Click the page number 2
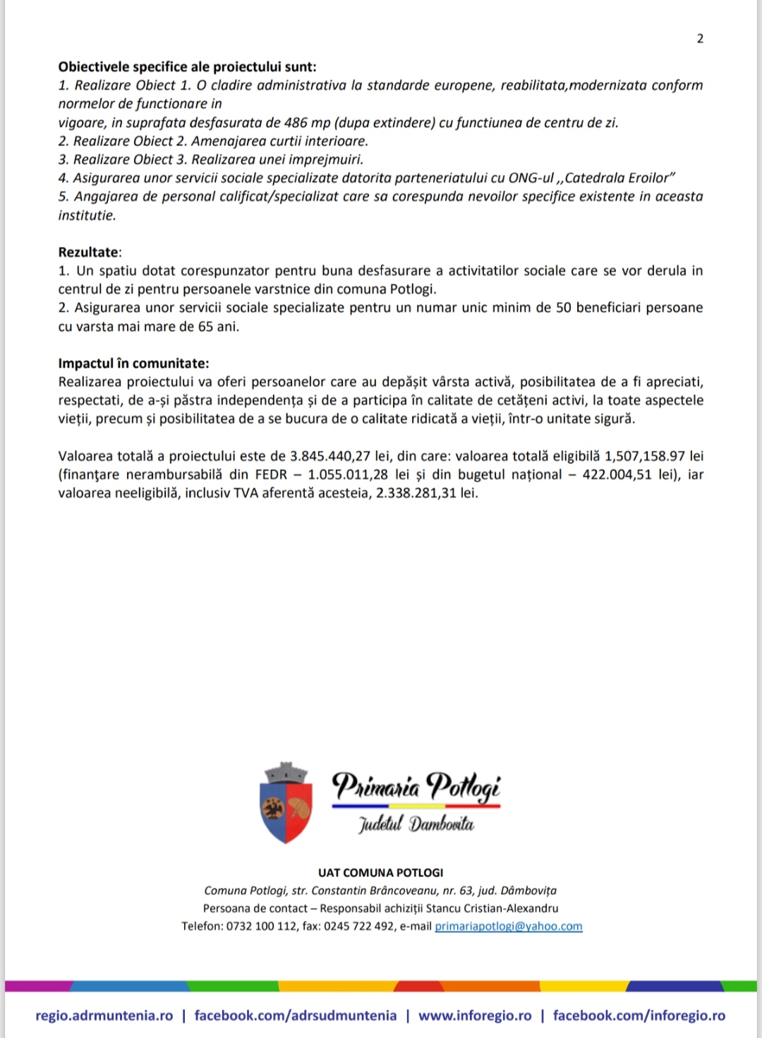700,39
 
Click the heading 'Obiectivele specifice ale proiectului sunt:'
187,67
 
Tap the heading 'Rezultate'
89,252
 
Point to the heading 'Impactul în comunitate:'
133,363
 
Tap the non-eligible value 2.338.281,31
416,493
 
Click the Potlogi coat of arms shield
286,804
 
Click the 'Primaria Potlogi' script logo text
416,785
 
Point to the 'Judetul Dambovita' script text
416,823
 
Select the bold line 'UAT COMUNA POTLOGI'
381,873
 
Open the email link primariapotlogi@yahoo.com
509,927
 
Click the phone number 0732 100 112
262,927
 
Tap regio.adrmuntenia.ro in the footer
104,1016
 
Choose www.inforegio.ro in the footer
475,1016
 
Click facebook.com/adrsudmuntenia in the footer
295,1016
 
